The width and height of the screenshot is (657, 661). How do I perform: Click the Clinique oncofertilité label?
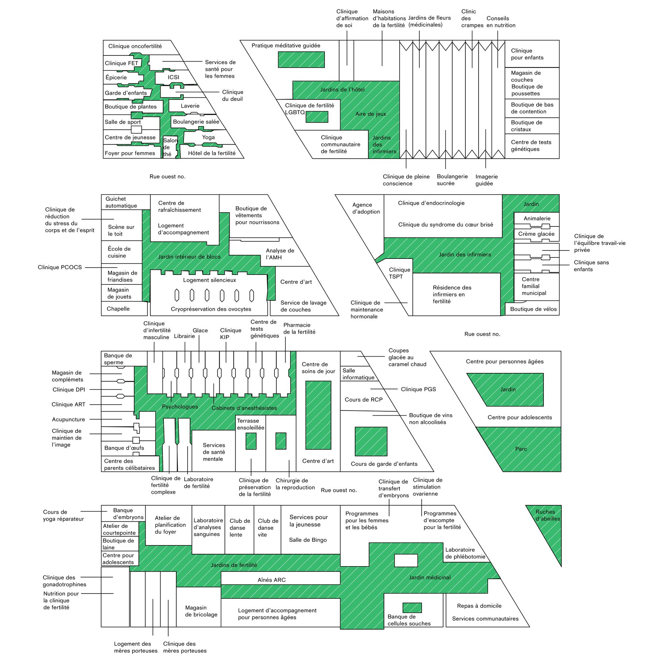click(135, 46)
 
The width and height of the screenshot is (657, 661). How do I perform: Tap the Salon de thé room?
click(169, 147)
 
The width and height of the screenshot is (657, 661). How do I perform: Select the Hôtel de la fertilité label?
click(212, 153)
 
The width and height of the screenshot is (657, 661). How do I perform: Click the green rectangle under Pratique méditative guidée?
click(301, 59)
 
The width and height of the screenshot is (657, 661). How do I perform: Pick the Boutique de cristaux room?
click(532, 126)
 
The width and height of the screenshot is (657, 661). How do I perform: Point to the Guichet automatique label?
click(121, 202)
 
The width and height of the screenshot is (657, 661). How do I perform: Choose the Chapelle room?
click(118, 309)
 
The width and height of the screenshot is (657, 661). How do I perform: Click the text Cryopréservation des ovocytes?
click(211, 309)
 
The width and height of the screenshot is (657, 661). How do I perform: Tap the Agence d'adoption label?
click(366, 208)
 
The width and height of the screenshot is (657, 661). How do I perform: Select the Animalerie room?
click(537, 218)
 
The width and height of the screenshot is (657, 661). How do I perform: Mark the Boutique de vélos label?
click(533, 309)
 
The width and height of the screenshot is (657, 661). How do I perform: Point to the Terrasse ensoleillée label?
click(251, 424)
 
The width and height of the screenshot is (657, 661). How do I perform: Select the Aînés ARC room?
click(272, 580)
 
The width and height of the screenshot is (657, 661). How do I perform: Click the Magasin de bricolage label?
click(201, 611)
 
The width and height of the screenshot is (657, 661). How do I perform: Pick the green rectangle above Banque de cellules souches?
click(412, 607)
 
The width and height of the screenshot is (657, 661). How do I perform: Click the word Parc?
click(521, 449)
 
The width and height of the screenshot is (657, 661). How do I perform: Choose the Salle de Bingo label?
click(308, 540)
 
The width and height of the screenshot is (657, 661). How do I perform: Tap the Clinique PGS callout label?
click(418, 389)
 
